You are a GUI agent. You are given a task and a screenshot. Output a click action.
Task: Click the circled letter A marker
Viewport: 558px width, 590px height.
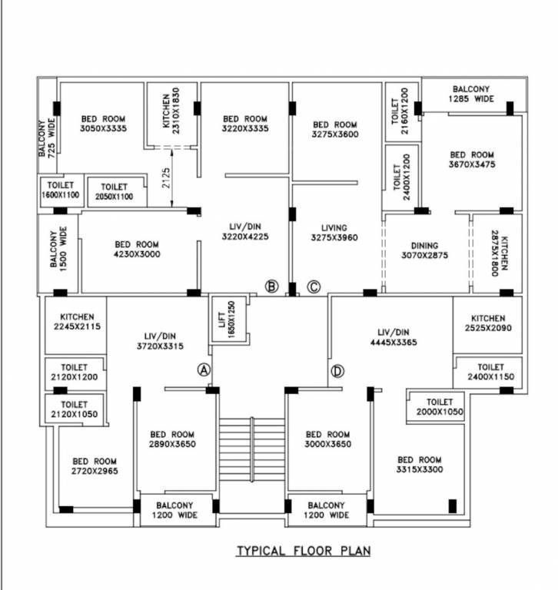(x=204, y=370)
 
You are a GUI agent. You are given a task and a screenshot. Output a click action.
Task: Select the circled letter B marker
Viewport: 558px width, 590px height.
(x=271, y=287)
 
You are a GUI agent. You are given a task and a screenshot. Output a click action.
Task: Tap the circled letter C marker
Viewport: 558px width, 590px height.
(x=313, y=287)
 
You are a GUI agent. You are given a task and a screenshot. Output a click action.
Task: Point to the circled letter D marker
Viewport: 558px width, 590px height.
(x=337, y=371)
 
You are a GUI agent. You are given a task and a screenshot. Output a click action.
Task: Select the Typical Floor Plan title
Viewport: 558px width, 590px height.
(x=303, y=551)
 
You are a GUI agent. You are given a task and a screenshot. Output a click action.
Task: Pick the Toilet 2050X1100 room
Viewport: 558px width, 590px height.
(x=114, y=192)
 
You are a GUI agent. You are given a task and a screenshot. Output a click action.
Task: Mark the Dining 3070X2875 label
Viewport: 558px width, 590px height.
(x=424, y=250)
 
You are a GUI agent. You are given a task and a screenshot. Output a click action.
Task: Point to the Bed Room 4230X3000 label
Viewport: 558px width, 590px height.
(x=137, y=250)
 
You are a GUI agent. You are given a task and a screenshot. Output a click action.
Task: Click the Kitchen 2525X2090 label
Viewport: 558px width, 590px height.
(x=488, y=323)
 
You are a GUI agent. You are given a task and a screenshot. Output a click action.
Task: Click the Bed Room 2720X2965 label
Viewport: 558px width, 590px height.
(x=95, y=466)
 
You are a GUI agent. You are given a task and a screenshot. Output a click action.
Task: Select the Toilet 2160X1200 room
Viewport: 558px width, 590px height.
(x=400, y=112)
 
